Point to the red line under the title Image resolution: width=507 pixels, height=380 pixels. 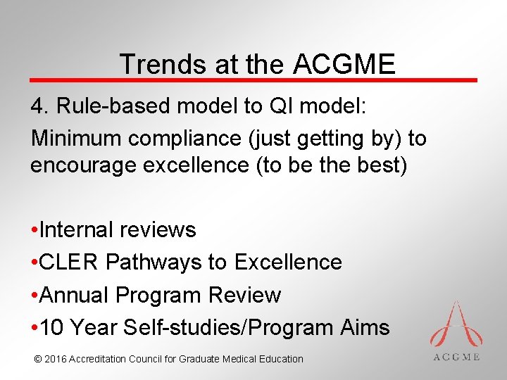click(254, 80)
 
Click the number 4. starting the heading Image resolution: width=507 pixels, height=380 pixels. click(39, 106)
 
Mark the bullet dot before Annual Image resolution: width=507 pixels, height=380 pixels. click(35, 296)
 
